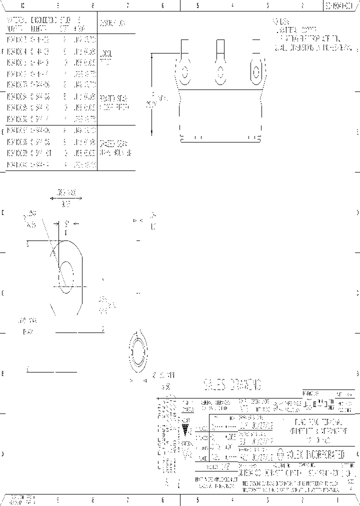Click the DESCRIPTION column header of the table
(112, 23)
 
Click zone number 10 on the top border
(22, 5)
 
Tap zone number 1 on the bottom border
(337, 499)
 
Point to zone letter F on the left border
(2, 51)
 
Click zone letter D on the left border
(2, 212)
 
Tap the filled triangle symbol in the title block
(186, 430)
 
